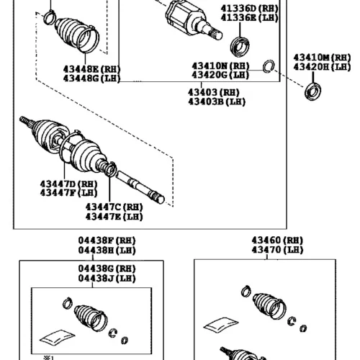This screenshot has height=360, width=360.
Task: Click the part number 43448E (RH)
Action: tap(91, 69)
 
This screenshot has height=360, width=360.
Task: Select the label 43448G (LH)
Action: tap(91, 78)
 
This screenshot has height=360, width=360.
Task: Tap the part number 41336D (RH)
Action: tap(249, 9)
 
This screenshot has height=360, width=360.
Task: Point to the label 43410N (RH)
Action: tap(220, 66)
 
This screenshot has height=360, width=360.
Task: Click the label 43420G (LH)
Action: tap(220, 75)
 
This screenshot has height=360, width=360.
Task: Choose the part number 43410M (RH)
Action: tap(322, 58)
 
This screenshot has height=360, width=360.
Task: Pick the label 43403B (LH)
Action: tap(217, 102)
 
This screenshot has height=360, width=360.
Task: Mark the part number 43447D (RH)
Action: tap(68, 184)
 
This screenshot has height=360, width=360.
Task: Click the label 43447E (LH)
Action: tap(114, 217)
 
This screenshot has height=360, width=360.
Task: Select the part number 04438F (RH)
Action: tap(107, 240)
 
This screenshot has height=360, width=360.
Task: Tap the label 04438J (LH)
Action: tap(107, 279)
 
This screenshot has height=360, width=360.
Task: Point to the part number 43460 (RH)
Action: tap(277, 240)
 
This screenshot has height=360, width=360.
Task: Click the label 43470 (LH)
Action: tap(277, 250)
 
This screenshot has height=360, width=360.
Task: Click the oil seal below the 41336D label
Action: tap(240, 47)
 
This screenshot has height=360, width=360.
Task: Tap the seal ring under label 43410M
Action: tap(312, 91)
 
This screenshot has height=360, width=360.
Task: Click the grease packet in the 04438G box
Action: tap(57, 337)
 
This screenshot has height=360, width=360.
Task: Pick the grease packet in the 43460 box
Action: tap(221, 325)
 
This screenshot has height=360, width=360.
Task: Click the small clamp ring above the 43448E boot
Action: tap(50, 17)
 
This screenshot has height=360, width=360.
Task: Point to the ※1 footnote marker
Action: tap(48, 358)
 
